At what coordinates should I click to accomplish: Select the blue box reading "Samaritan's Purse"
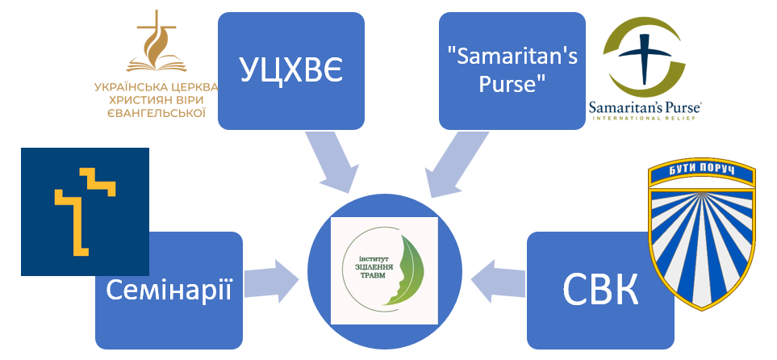[511, 71]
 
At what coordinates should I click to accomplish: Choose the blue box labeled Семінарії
[169, 291]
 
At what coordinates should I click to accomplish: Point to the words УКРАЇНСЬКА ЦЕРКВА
[154, 86]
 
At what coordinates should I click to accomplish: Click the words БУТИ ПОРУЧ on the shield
[700, 172]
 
